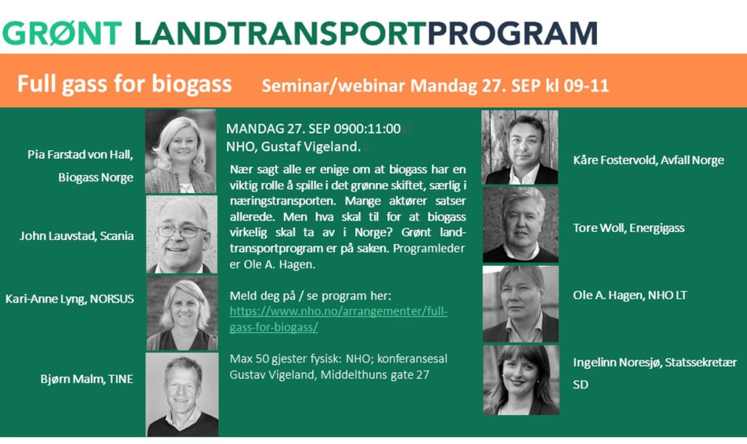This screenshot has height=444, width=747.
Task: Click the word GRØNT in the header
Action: (63, 34)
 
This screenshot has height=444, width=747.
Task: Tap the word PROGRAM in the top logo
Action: (512, 34)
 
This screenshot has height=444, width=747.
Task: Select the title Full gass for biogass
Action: (124, 84)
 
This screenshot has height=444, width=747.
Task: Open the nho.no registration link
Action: (338, 319)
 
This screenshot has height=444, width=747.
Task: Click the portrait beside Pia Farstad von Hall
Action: (181, 152)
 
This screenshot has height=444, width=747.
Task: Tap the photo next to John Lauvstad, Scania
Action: (181, 235)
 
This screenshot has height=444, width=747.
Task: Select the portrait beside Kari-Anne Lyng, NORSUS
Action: (182, 313)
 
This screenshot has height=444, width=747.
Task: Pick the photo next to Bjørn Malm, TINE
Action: (182, 395)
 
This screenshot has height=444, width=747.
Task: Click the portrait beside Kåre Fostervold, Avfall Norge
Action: (519, 147)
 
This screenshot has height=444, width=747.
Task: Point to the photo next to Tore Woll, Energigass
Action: (520, 224)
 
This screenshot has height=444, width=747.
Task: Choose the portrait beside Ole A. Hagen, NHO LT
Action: (521, 304)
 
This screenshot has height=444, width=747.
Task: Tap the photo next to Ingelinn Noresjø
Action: (521, 380)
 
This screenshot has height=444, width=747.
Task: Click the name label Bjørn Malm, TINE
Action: (87, 379)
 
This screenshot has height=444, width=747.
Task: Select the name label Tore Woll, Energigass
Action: (628, 228)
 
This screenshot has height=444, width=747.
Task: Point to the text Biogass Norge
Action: (95, 177)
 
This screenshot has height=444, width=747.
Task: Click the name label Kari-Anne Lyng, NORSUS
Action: (70, 299)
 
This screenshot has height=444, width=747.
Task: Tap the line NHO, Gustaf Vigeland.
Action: (293, 147)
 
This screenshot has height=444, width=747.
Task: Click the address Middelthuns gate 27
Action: (375, 374)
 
